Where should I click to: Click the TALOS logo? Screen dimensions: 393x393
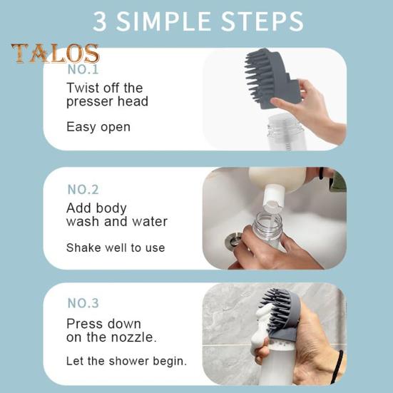pos(56,53)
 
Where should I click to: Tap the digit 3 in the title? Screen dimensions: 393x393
pos(100,22)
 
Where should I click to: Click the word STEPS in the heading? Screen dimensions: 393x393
pos(262,22)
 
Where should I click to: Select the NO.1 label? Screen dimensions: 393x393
pos(83,69)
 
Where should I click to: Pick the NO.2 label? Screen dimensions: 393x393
pos(83,190)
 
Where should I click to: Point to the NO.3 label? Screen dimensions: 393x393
pos(83,302)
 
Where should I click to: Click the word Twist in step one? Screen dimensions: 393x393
pos(83,88)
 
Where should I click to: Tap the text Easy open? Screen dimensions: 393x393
pos(98,127)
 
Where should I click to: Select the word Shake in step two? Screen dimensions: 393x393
pos(83,247)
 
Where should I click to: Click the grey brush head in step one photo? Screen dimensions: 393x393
pos(272,78)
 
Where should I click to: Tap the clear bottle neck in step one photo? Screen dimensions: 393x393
pos(285,126)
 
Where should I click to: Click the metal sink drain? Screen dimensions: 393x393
pos(234,240)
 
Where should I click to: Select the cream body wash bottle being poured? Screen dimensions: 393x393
pos(277,179)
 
